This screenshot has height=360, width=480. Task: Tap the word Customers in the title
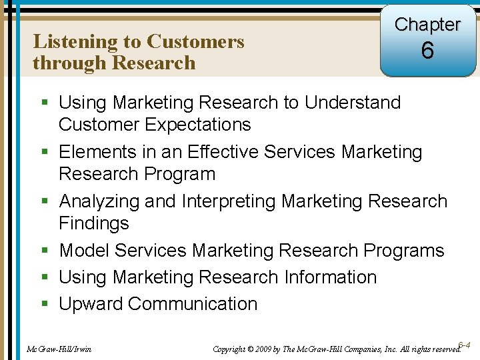(195, 42)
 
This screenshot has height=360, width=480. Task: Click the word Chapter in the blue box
(427, 25)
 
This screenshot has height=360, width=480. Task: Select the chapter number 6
(427, 51)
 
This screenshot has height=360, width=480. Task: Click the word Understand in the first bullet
(353, 103)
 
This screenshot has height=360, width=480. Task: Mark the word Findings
(94, 223)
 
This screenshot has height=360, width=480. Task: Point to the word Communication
(193, 304)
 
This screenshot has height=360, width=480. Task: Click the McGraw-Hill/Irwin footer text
(59, 349)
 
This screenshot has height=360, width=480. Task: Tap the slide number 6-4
(465, 345)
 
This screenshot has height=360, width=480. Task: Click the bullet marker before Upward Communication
(44, 305)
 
